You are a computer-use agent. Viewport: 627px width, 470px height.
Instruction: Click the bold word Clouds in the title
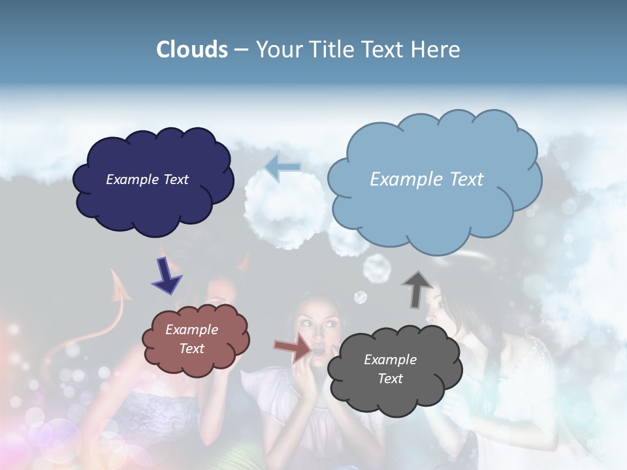point(191,50)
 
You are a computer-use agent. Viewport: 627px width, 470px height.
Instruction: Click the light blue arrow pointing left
point(283,167)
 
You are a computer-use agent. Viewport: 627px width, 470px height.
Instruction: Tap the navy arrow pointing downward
point(167,276)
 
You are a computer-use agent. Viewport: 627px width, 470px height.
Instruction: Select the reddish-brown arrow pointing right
point(293,348)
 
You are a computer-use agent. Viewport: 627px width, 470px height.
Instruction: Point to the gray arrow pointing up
point(417,289)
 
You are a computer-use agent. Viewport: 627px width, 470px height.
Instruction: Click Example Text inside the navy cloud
point(147,180)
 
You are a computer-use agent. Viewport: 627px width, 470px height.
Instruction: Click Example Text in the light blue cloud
point(426,180)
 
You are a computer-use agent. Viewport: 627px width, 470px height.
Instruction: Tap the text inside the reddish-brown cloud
point(192,339)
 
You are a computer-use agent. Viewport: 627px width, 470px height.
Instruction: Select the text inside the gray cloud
point(390,369)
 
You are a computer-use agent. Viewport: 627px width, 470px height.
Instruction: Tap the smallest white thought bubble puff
point(360,298)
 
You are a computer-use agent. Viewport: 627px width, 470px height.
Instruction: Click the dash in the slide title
point(240,50)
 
